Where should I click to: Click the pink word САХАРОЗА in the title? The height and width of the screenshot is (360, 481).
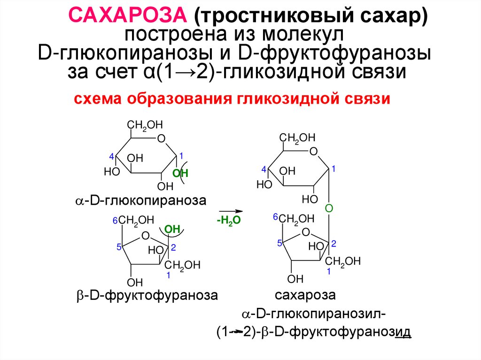click(x=128, y=17)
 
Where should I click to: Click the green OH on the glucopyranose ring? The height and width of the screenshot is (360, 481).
click(x=180, y=173)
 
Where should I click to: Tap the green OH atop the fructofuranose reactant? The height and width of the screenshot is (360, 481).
click(x=173, y=229)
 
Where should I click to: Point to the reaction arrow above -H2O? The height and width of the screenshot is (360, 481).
click(x=228, y=211)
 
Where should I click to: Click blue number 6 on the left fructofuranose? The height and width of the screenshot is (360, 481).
click(x=115, y=221)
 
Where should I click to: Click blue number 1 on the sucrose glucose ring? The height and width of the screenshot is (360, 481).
click(x=333, y=168)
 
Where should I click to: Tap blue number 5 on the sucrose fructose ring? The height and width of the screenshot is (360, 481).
click(x=279, y=243)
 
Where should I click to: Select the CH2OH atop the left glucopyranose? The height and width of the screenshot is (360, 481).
click(x=145, y=125)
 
